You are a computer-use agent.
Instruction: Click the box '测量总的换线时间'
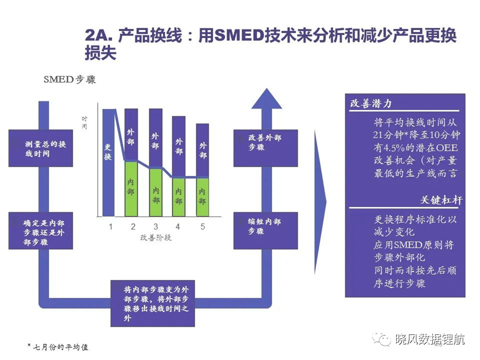tap(41, 148)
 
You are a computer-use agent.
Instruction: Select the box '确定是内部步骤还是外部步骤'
tap(41, 231)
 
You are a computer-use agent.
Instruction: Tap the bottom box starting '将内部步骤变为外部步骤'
tap(153, 303)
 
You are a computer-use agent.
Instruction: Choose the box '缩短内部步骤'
tap(266, 231)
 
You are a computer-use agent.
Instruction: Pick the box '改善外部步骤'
tap(266, 148)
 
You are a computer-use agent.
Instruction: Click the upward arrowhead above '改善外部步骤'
tap(267, 98)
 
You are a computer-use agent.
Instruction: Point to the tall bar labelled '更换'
tap(108, 163)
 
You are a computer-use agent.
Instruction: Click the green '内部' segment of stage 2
tap(131, 188)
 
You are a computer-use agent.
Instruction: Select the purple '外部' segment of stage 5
tap(202, 151)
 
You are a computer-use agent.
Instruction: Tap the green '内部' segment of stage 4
tap(179, 197)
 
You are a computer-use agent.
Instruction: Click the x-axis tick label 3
tap(156, 227)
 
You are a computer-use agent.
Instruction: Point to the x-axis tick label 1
tap(111, 227)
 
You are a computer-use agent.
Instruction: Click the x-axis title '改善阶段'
tap(156, 238)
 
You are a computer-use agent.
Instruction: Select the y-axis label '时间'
tap(84, 122)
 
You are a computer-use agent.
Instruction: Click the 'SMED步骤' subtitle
tap(69, 79)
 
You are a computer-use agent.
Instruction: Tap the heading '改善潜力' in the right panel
tap(371, 103)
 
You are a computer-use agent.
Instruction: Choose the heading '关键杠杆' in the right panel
tap(441, 200)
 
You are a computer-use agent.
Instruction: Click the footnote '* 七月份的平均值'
tap(58, 347)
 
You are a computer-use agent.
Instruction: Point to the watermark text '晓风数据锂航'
tap(430, 339)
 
